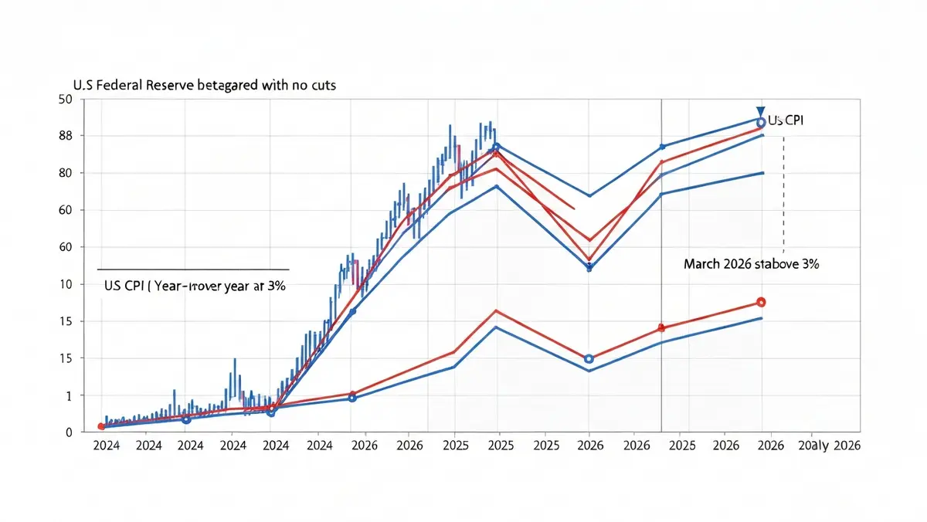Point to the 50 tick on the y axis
(x=65, y=99)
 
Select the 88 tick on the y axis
(x=65, y=136)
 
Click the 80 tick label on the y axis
(x=65, y=173)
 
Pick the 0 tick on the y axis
(x=68, y=432)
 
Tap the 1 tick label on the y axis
(x=68, y=395)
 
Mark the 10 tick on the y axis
(x=65, y=284)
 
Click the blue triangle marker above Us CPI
(x=761, y=111)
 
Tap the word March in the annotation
(x=701, y=264)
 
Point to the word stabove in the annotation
(x=779, y=264)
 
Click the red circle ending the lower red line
(x=761, y=302)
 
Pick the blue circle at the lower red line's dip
(x=589, y=359)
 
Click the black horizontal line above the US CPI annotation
(x=193, y=269)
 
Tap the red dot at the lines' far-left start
(x=101, y=426)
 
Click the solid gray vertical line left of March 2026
(x=662, y=232)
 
